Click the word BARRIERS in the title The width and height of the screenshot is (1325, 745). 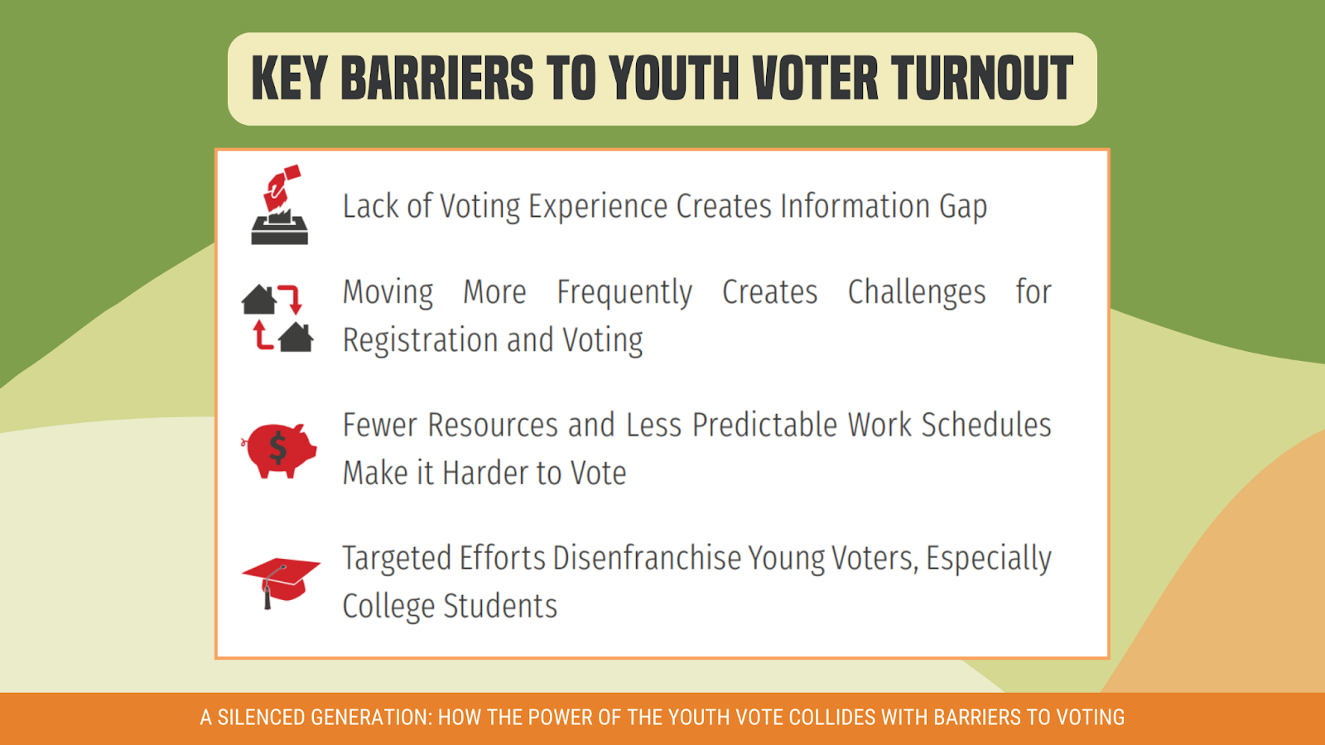(436, 79)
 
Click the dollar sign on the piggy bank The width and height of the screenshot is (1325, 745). (278, 449)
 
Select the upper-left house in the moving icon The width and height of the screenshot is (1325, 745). (258, 300)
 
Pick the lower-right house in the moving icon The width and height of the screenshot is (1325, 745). (296, 338)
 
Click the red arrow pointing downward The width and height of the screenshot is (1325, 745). (291, 299)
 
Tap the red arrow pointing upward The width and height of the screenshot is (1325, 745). (262, 336)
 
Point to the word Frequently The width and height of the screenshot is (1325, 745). (624, 293)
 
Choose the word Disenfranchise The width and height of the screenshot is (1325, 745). (646, 559)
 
